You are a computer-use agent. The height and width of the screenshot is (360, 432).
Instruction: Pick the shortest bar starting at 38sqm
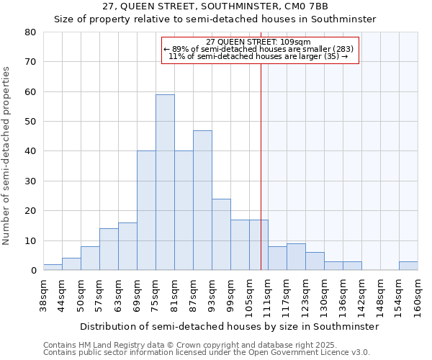pyautogui.click(x=53, y=267)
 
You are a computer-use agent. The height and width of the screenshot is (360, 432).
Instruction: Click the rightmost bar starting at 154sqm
pyautogui.click(x=408, y=266)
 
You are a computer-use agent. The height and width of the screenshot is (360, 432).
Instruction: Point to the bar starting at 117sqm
pyautogui.click(x=296, y=257)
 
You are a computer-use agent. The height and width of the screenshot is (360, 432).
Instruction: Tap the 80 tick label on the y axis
pyautogui.click(x=30, y=32)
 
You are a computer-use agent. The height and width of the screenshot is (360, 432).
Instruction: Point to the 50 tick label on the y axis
pyautogui.click(x=30, y=122)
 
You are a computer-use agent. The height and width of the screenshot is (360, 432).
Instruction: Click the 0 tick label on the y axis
pyautogui.click(x=33, y=271)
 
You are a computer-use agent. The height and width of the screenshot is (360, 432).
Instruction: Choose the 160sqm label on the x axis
pyautogui.click(x=418, y=297)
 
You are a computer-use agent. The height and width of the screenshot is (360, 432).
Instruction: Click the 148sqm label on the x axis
pyautogui.click(x=381, y=297)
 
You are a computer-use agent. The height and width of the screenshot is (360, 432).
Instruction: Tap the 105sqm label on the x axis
pyautogui.click(x=250, y=297)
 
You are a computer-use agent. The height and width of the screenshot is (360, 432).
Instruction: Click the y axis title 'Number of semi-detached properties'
pyautogui.click(x=7, y=155)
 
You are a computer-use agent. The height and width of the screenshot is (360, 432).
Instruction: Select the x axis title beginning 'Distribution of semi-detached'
pyautogui.click(x=229, y=326)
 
